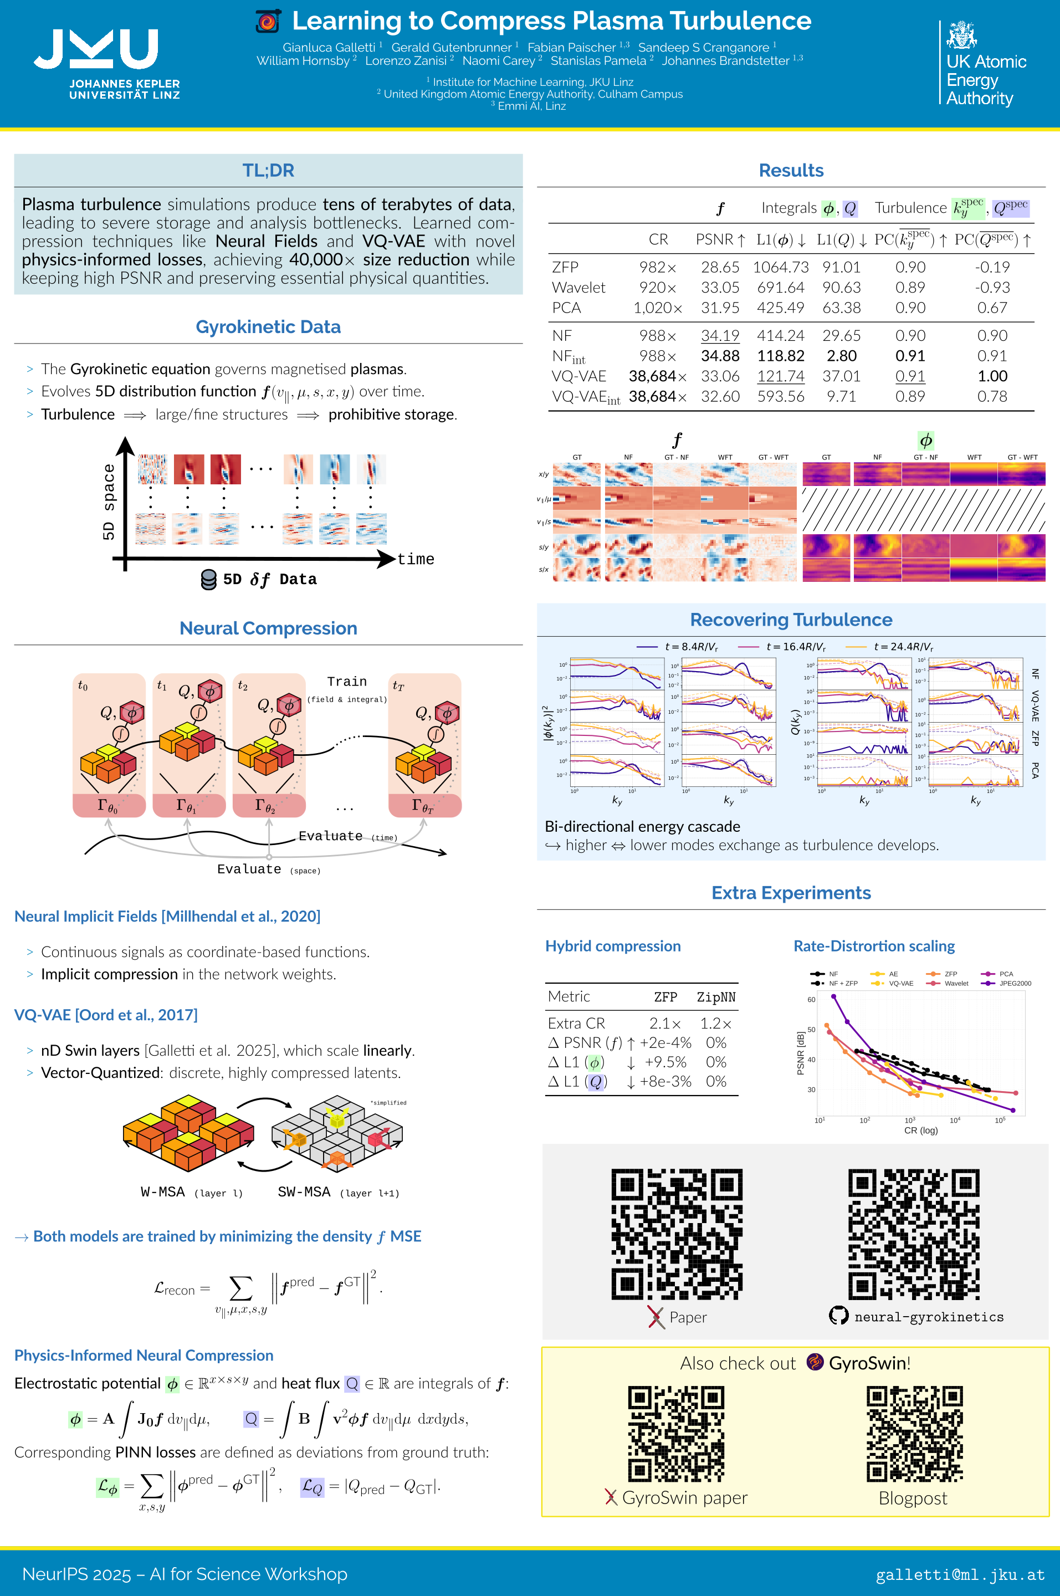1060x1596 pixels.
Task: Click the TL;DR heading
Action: click(268, 170)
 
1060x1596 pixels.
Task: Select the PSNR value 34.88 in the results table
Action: click(719, 356)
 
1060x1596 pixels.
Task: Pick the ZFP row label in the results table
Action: click(565, 267)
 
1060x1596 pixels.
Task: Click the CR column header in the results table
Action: click(658, 239)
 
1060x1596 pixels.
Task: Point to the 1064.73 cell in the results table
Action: click(780, 267)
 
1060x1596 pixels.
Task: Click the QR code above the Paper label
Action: click(677, 1234)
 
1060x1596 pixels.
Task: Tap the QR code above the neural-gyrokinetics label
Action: click(913, 1234)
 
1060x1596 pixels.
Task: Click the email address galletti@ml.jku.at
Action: click(960, 1574)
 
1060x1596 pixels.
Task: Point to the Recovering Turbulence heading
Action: click(791, 620)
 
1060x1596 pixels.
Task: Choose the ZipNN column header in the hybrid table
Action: click(716, 997)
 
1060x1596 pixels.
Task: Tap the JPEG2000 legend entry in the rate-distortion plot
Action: click(1015, 984)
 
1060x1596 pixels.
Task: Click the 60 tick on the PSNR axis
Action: click(811, 1000)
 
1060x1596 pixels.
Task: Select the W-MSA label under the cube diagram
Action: click(163, 1192)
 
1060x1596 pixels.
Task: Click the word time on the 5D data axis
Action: click(416, 559)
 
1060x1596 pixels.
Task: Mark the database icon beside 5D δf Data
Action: click(209, 579)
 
